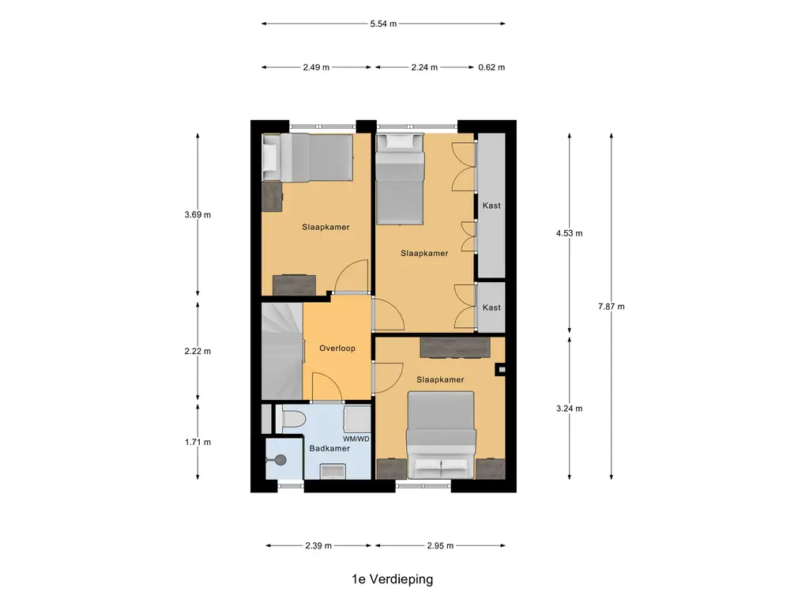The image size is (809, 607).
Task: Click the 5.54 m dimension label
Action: point(383,24)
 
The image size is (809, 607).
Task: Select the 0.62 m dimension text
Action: point(491,67)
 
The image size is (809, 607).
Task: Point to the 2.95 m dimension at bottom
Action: point(440,545)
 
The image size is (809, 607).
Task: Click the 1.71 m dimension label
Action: point(198,442)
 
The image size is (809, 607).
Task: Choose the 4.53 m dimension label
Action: point(569,233)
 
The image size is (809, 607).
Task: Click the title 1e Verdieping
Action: point(393,579)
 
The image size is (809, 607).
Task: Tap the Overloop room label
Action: point(337,348)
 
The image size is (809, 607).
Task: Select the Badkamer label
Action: point(329,448)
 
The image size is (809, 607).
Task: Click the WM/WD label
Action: point(356,438)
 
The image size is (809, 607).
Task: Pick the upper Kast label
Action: point(491,205)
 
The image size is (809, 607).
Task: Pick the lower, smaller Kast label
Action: point(491,307)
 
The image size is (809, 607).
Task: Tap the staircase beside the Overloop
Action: point(281,351)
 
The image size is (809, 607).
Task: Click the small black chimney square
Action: point(500,369)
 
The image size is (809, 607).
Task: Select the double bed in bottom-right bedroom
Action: point(441,435)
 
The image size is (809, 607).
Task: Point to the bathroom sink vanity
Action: point(331,471)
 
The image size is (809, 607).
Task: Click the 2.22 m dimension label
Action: point(198,351)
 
